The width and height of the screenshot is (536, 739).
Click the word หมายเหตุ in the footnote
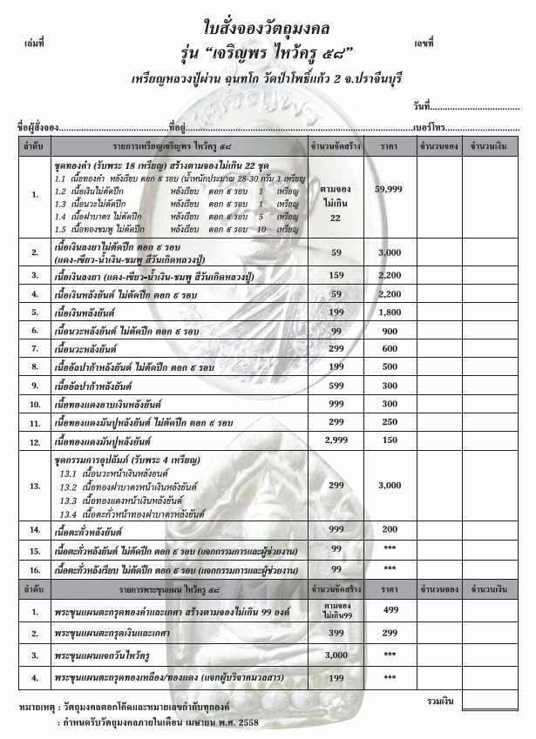(x=30, y=708)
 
